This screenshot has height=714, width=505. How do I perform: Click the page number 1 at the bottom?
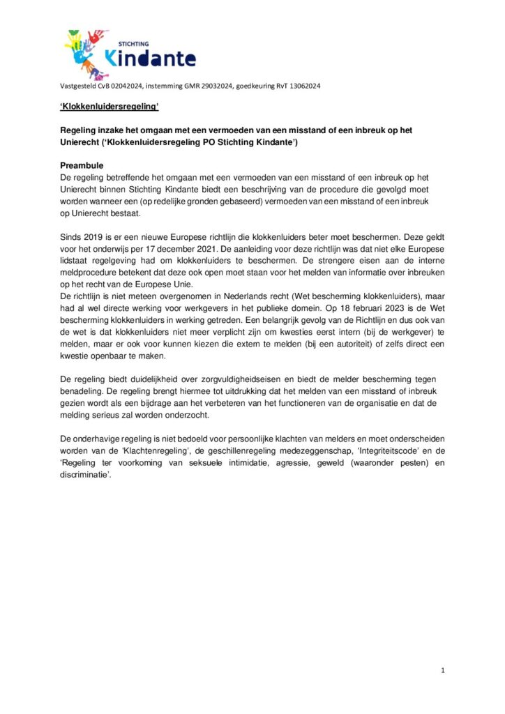[x=443, y=670]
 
